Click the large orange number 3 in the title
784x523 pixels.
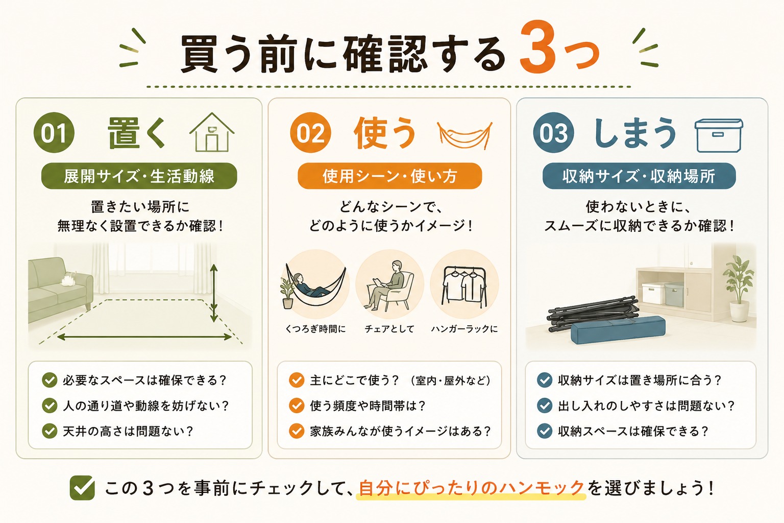[x=537, y=47]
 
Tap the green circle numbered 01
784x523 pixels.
[x=54, y=132]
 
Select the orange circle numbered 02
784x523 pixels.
[x=310, y=132]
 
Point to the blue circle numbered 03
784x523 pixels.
[x=553, y=132]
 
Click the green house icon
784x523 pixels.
[x=212, y=132]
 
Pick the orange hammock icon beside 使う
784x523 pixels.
[x=465, y=135]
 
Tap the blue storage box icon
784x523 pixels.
[x=719, y=135]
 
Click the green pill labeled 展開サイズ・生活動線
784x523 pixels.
[x=139, y=176]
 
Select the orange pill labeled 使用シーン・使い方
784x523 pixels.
[x=389, y=176]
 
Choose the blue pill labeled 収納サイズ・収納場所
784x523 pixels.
[x=639, y=176]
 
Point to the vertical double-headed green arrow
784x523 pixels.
[x=214, y=293]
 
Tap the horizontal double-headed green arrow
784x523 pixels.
[x=144, y=337]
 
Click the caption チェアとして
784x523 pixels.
[x=389, y=329]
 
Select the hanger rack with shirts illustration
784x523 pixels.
[x=464, y=286]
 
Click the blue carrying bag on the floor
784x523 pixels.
[x=618, y=329]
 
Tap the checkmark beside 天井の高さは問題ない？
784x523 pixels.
[x=50, y=431]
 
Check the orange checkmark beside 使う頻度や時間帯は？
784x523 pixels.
[x=297, y=406]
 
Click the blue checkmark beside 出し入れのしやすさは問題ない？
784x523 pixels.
[x=545, y=406]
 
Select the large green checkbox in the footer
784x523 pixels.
[x=82, y=488]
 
